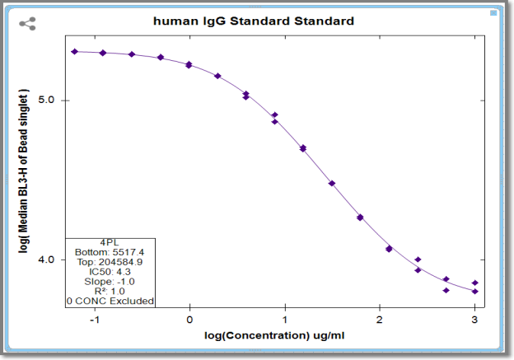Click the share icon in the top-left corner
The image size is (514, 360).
pyautogui.click(x=27, y=24)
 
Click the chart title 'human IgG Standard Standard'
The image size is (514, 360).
pyautogui.click(x=254, y=21)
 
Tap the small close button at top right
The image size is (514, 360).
pyautogui.click(x=493, y=13)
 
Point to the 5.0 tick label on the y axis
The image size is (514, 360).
pyautogui.click(x=46, y=100)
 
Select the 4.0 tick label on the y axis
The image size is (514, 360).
pyautogui.click(x=46, y=259)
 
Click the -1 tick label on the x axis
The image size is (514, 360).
pyautogui.click(x=95, y=320)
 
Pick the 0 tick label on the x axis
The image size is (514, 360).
pyautogui.click(x=189, y=320)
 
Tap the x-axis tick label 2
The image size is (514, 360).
pyautogui.click(x=379, y=320)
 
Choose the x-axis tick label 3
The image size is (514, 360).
pyautogui.click(x=474, y=320)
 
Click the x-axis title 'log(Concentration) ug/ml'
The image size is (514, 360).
pyautogui.click(x=274, y=336)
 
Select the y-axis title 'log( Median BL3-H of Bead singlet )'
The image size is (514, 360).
pyautogui.click(x=23, y=171)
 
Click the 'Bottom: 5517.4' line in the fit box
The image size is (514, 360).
pyautogui.click(x=110, y=252)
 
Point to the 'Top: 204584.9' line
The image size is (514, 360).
pyautogui.click(x=110, y=262)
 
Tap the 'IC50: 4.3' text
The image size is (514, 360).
pyautogui.click(x=110, y=272)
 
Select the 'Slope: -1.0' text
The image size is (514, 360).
pyautogui.click(x=110, y=282)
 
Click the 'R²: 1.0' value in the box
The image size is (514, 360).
pyautogui.click(x=110, y=291)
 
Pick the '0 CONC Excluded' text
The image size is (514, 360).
pyautogui.click(x=110, y=301)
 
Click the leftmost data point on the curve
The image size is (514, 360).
pyautogui.click(x=75, y=51)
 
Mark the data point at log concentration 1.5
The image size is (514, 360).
pyautogui.click(x=332, y=183)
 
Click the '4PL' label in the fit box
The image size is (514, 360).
pyautogui.click(x=110, y=243)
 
